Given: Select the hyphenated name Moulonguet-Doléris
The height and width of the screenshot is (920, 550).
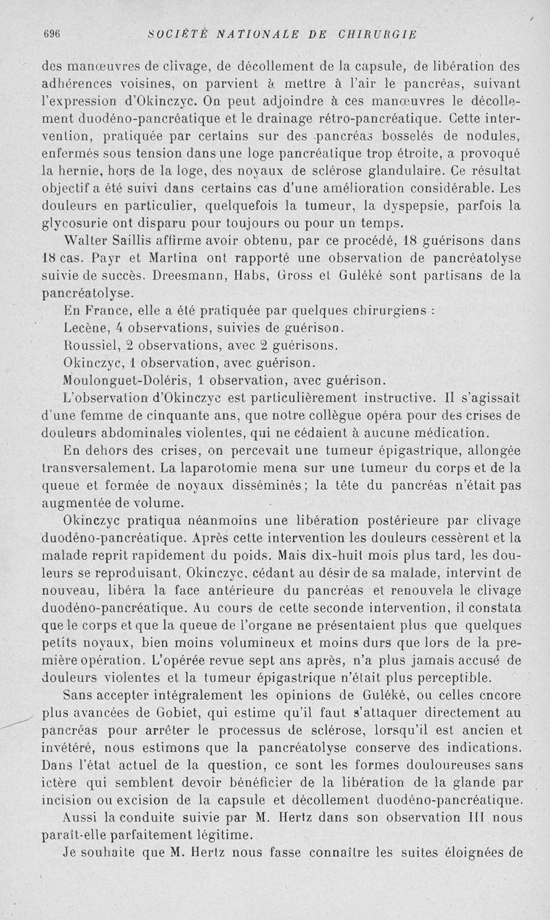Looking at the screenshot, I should click(x=126, y=380).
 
